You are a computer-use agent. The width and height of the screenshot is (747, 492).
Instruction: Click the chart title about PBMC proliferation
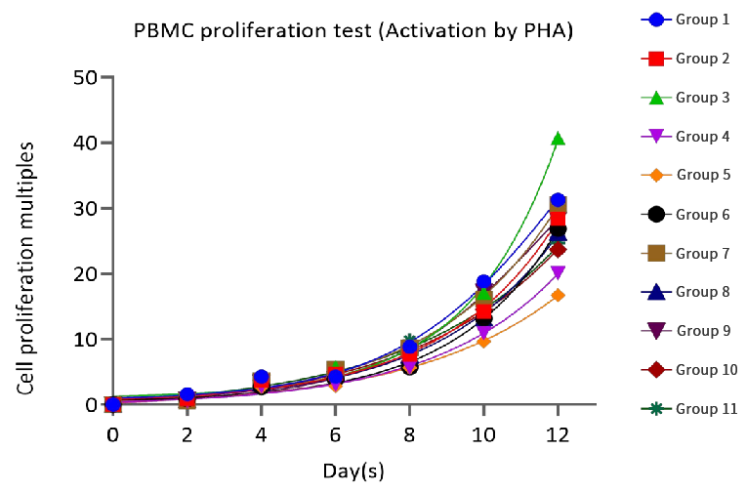[x=353, y=32]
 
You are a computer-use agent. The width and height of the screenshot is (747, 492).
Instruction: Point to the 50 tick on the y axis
[x=91, y=77]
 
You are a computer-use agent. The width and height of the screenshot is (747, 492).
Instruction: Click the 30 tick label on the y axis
[x=91, y=209]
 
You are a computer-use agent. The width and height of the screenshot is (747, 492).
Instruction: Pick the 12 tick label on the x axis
[x=558, y=432]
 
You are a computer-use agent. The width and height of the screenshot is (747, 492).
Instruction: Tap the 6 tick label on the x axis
[x=335, y=432]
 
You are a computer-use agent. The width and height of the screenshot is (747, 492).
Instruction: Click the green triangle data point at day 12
[x=558, y=139]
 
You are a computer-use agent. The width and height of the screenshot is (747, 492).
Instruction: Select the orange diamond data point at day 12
[x=558, y=295]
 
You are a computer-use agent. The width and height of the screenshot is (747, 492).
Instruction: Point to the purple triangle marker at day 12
[x=558, y=273]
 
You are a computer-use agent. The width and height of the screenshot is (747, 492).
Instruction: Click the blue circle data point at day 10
[x=483, y=282]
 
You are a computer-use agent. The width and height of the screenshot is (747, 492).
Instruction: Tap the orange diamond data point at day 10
[x=483, y=341]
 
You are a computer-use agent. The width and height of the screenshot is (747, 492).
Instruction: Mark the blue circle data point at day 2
[x=187, y=394]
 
